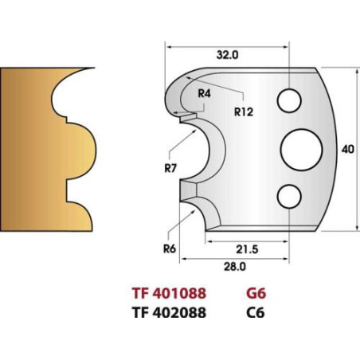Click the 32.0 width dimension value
(x=227, y=55)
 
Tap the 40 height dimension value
(x=347, y=149)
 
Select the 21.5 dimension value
(x=247, y=249)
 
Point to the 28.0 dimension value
(x=235, y=266)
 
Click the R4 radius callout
(x=205, y=93)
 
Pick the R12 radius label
(x=244, y=112)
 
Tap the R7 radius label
(x=170, y=168)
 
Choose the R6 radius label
(x=170, y=249)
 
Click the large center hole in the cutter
(x=301, y=150)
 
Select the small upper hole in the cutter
(x=289, y=101)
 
